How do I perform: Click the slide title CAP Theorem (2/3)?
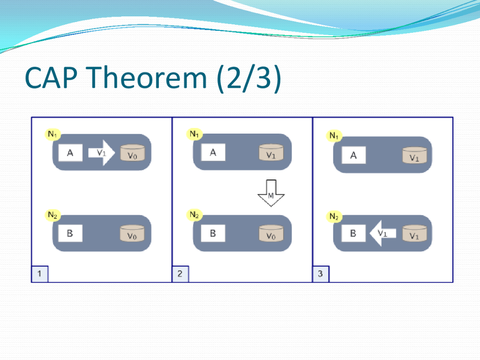coord(153,79)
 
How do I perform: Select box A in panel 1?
coord(70,153)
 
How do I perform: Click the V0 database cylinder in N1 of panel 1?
coord(132,153)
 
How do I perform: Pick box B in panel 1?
coord(70,233)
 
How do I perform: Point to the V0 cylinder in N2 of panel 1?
coord(132,234)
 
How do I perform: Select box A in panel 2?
coord(213,152)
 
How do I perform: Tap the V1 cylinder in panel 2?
coord(271,153)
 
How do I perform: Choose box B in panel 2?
coord(213,233)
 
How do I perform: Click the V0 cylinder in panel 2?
coord(271,234)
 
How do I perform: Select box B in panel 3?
coord(353,233)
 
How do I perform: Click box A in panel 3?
coord(353,155)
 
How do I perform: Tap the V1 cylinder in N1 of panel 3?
coord(414,156)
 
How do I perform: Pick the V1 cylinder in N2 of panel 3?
coord(414,234)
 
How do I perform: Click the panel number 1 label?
coord(39,274)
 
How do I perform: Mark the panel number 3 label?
coord(321,274)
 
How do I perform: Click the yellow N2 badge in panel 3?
coord(334,217)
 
